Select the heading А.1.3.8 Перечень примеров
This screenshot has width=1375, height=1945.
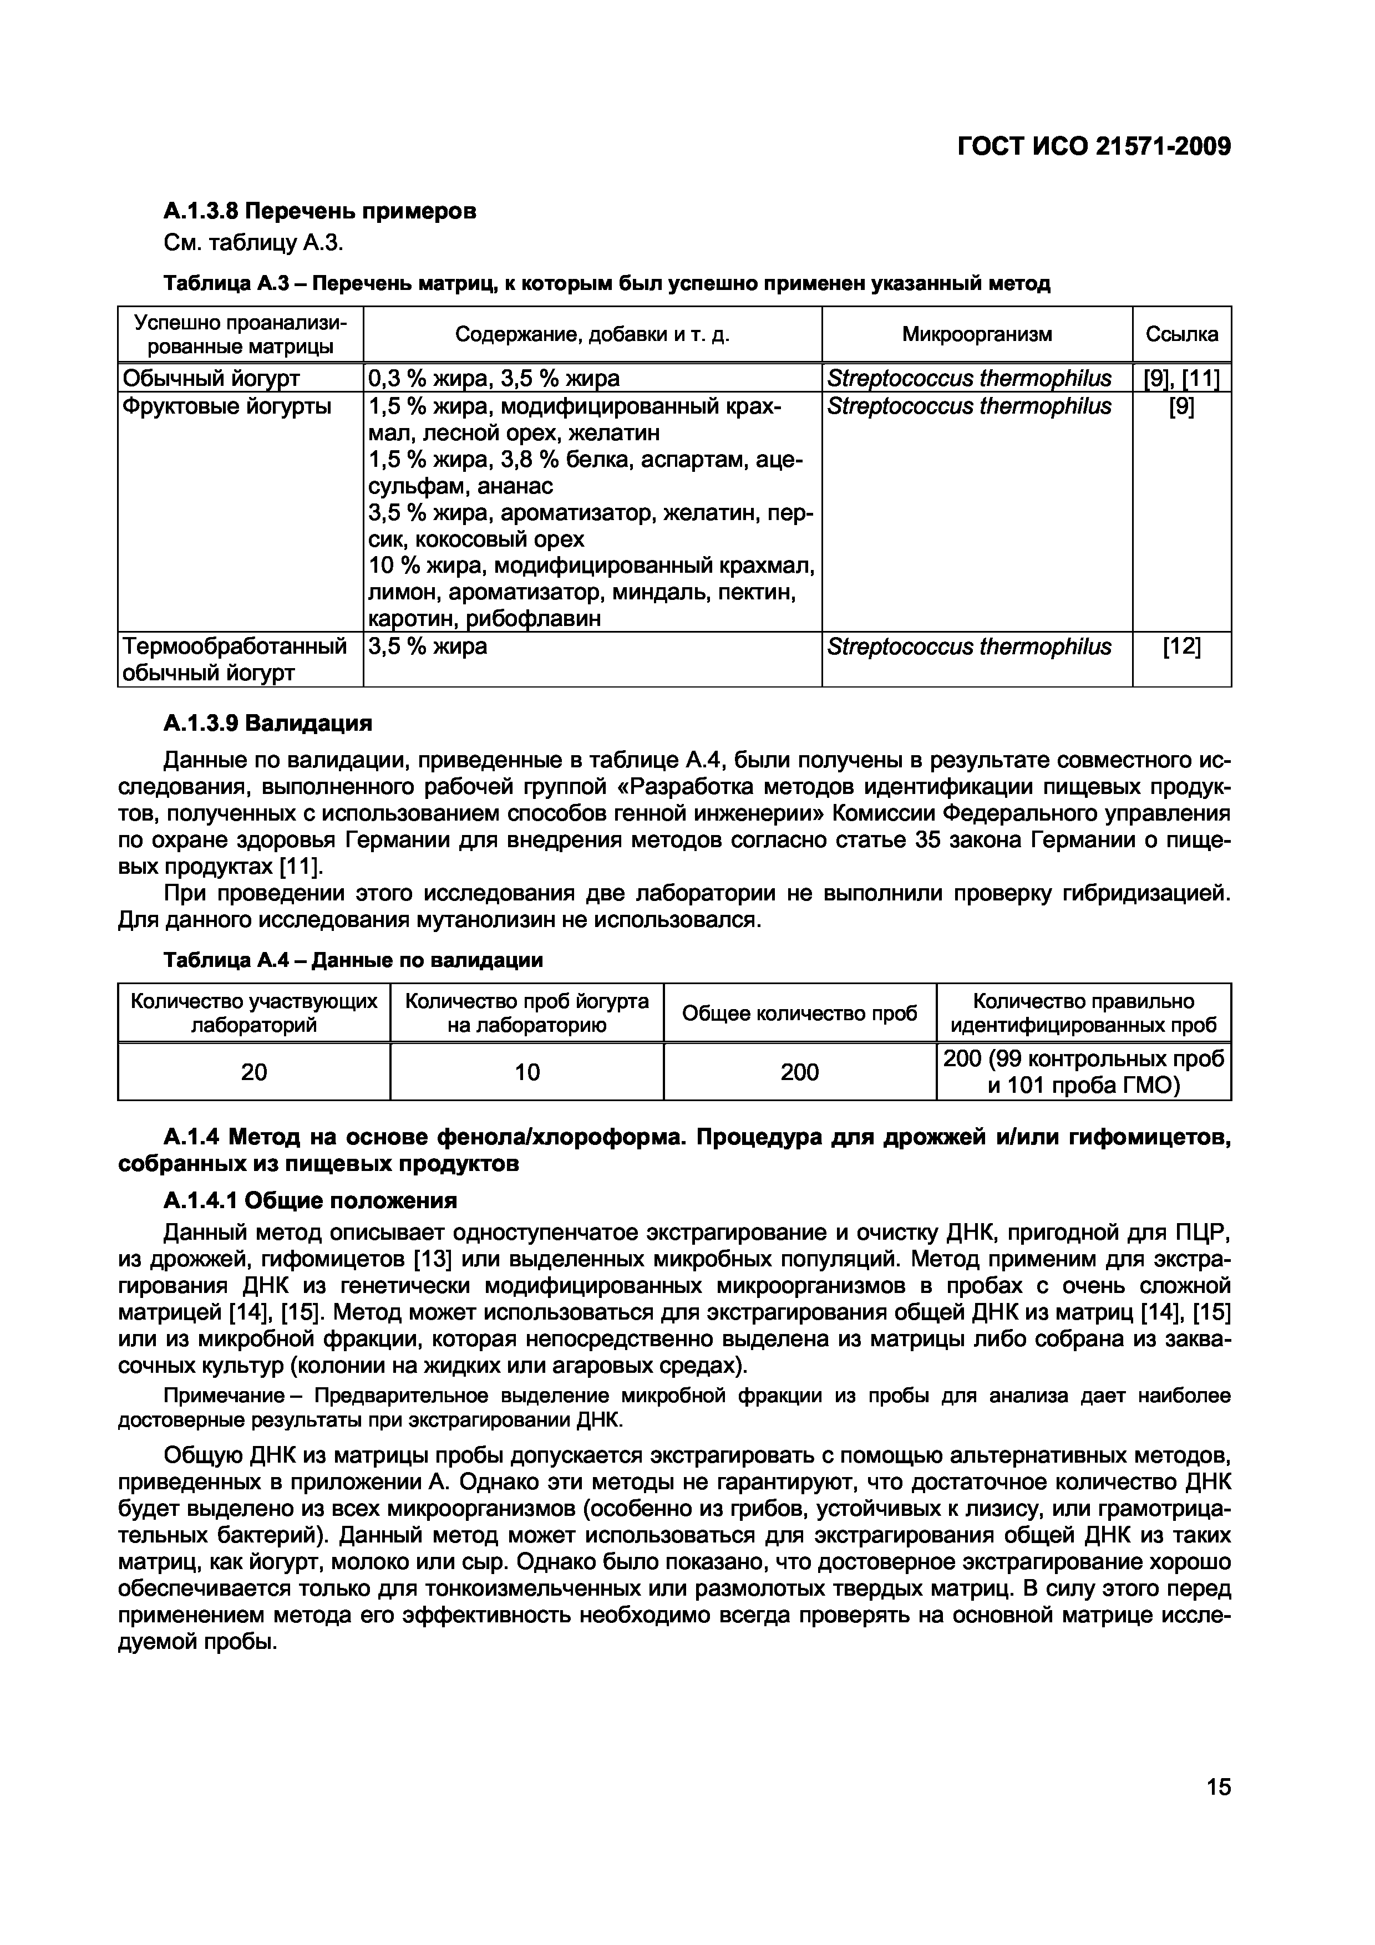pos(319,210)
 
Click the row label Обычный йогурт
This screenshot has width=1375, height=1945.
pos(211,378)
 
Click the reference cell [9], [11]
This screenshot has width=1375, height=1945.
pos(1181,378)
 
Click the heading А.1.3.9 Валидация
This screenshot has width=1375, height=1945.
pos(268,724)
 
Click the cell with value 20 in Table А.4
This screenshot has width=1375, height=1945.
pos(253,1072)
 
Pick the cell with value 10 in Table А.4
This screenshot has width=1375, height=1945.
pos(526,1072)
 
